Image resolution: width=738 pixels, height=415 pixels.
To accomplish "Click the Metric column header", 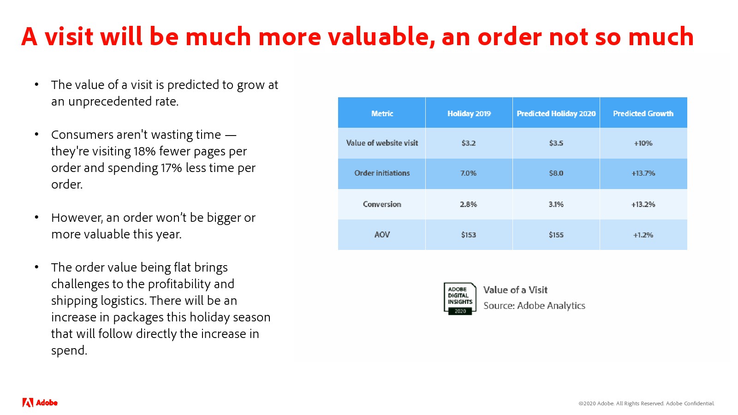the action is coord(382,113).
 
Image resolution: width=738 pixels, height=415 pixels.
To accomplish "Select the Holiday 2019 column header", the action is coord(469,113).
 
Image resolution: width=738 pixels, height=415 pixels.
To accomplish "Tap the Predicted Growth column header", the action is coord(643,113).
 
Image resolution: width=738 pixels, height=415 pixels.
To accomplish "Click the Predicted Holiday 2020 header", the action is coord(556,113).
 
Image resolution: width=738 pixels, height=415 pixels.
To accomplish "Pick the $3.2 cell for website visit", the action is coord(469,143).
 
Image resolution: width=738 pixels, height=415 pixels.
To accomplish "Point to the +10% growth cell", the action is coord(643,143).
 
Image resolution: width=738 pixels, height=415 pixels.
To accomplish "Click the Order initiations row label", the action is coord(382,173).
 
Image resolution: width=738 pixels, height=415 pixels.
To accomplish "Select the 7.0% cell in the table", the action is coord(469,173).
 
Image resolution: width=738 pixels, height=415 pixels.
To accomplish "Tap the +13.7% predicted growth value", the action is coord(643,173).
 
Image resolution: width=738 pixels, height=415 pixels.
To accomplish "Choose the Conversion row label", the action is coord(382,204).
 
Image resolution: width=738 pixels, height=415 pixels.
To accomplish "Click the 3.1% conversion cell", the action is coord(556,204).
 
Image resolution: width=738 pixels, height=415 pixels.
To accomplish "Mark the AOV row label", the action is coord(382,235).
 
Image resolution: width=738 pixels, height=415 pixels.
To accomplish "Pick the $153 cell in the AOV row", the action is coord(469,235).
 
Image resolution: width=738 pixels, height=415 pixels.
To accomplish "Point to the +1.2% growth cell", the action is coord(643,235).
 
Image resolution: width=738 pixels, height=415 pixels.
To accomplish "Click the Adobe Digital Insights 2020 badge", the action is coord(460,298).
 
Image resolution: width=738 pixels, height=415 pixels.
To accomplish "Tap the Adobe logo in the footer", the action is coord(40,403).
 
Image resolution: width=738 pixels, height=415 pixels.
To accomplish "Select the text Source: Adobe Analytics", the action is coord(534,306).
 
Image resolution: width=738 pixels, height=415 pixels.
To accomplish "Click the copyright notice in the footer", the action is coord(646,403).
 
